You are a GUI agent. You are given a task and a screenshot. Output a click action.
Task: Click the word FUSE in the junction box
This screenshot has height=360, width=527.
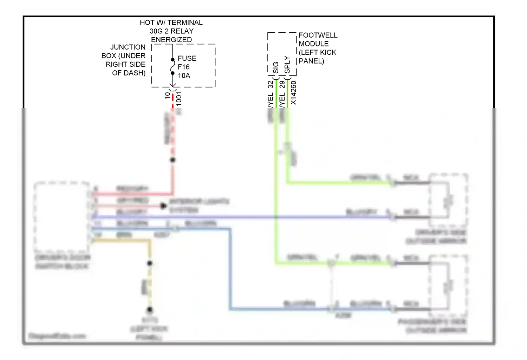(187, 58)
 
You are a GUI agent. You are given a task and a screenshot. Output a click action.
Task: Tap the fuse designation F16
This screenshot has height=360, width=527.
(183, 67)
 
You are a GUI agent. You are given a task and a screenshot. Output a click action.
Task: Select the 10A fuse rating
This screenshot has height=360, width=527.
(184, 76)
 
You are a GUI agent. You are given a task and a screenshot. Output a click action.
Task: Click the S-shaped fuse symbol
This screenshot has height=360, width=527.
(173, 66)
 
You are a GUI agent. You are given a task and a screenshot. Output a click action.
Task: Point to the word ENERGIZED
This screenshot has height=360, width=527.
(171, 40)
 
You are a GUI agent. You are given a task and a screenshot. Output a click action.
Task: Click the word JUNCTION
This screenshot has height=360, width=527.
(128, 47)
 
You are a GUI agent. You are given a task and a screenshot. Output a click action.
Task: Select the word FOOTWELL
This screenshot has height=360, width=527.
(318, 35)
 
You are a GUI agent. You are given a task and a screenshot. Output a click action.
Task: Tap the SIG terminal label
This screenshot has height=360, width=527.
(276, 67)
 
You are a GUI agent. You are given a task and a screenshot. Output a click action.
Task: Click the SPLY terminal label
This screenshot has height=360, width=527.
(287, 65)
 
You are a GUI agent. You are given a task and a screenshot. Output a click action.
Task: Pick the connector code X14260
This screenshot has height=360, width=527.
(294, 93)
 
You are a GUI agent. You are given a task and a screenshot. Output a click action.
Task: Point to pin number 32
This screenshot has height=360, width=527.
(270, 85)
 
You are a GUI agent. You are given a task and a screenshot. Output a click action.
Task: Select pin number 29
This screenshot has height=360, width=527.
(282, 85)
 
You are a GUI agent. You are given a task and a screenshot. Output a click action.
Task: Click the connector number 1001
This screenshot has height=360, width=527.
(179, 98)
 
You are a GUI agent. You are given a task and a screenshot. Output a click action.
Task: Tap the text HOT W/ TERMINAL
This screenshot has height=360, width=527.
(171, 22)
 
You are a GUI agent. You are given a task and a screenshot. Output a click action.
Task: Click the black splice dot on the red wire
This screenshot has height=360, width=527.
(173, 160)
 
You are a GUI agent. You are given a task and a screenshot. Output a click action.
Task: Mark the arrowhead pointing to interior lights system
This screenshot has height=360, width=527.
(163, 206)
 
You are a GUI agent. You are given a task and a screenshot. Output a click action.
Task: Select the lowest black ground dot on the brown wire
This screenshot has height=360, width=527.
(150, 310)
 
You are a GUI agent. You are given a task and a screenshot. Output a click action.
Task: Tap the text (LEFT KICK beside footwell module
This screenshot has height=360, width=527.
(318, 52)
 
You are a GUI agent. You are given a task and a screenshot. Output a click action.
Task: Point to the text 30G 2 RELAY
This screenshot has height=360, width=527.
(171, 31)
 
